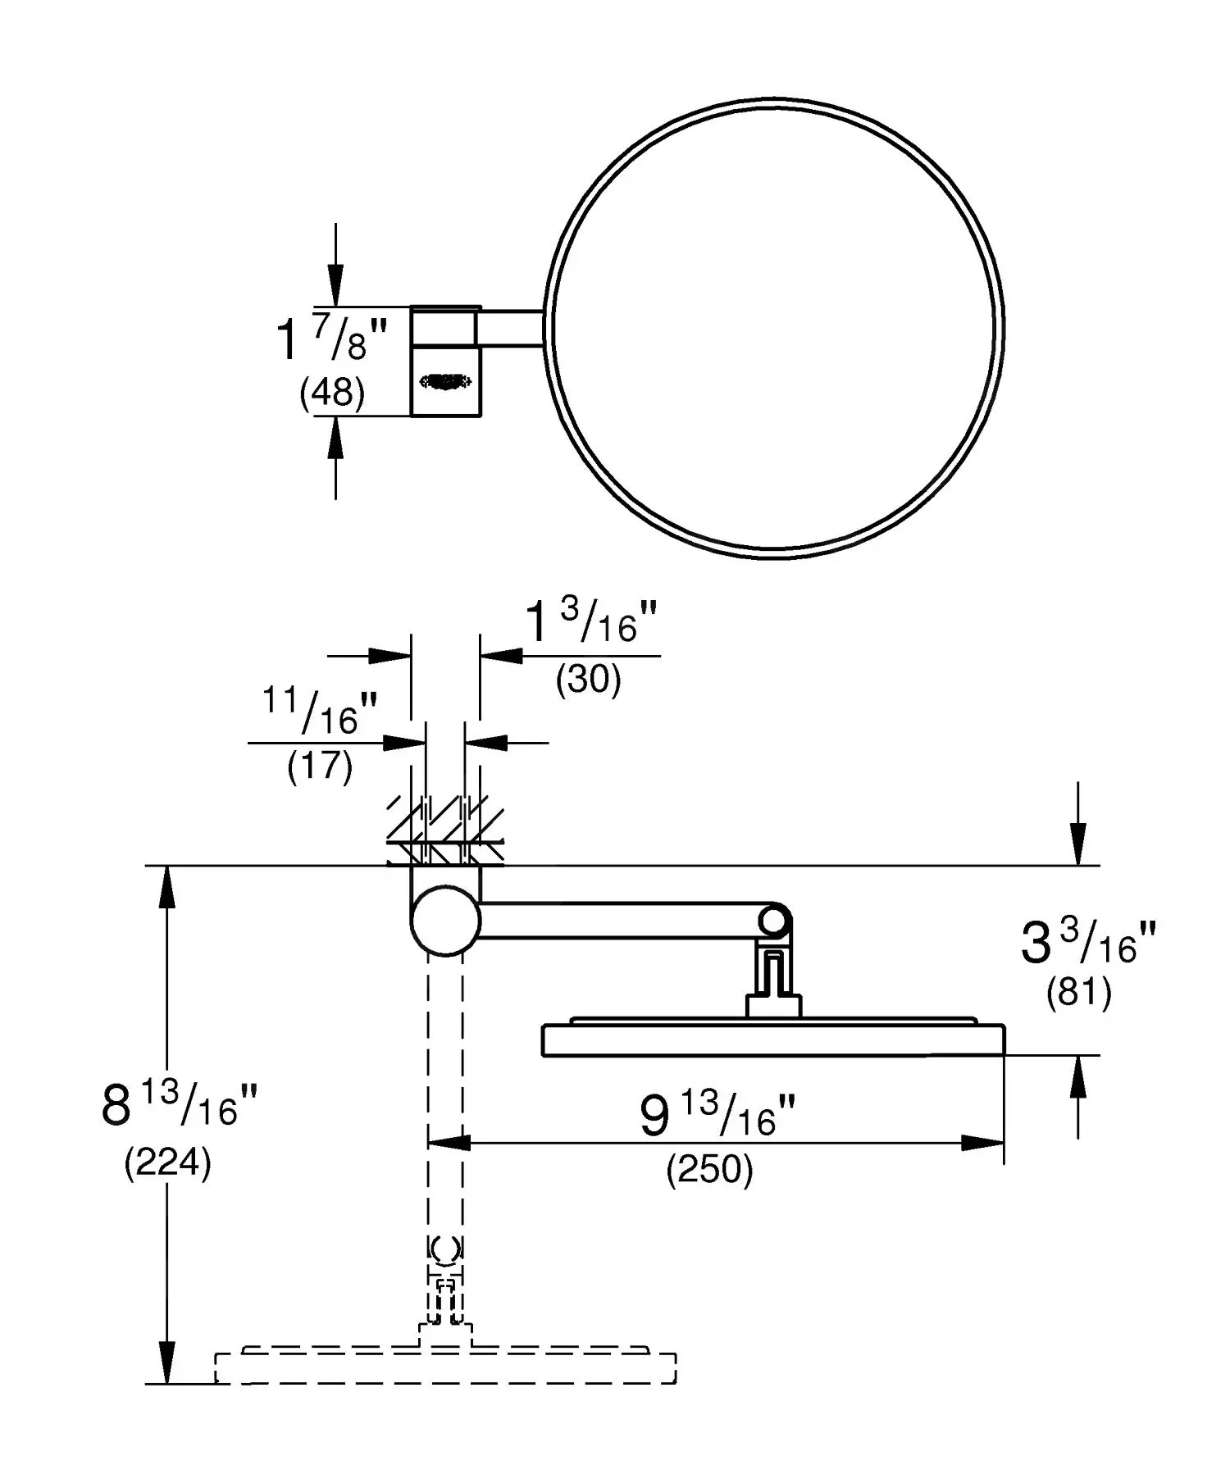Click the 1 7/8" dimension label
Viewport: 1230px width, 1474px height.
tap(330, 339)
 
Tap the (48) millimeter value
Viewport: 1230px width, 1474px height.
tap(332, 393)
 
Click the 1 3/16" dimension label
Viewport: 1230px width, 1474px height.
tap(590, 623)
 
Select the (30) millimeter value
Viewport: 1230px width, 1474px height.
tap(588, 679)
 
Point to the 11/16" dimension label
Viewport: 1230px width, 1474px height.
tap(320, 712)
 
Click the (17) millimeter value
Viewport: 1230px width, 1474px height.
tap(320, 766)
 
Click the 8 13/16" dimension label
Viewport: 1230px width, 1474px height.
tap(180, 1104)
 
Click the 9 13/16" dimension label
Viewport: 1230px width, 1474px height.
tap(717, 1116)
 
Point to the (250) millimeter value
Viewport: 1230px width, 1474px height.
tap(709, 1170)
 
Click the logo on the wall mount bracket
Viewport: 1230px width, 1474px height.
tap(445, 380)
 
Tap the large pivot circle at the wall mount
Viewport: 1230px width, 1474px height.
tap(445, 920)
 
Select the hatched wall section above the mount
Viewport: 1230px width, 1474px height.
tap(445, 832)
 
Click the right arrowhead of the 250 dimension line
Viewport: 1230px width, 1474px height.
tap(984, 1143)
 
